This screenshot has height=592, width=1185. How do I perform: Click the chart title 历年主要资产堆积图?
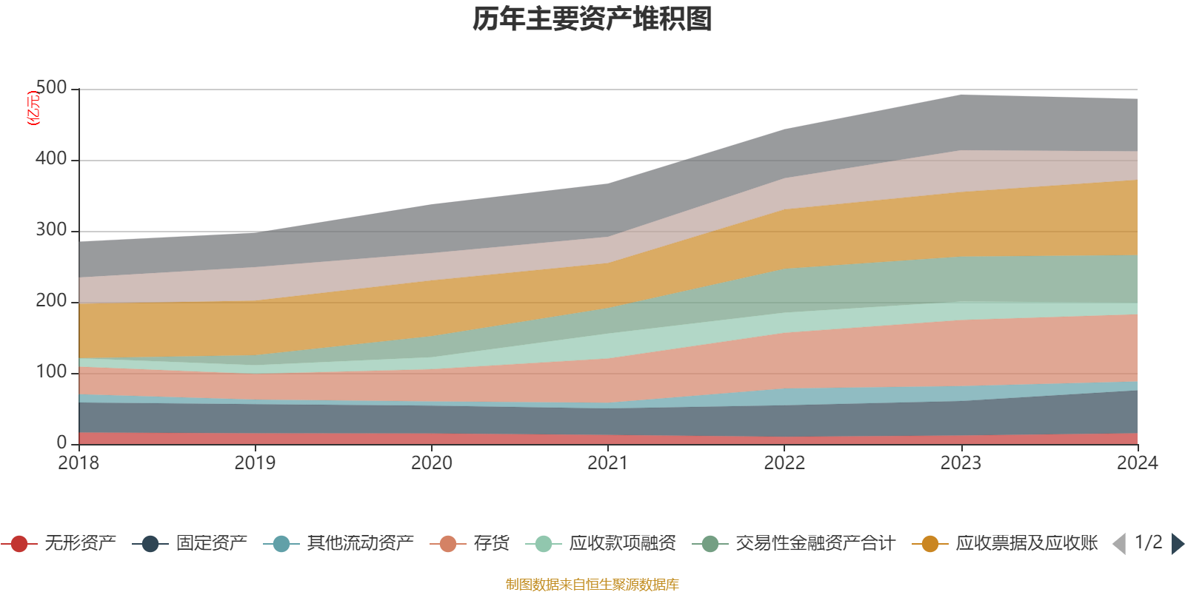point(592,19)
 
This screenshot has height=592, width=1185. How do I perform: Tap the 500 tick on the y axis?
point(51,88)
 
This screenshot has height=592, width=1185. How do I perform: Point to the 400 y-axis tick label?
point(51,159)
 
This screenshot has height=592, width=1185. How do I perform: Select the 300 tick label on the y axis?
point(51,230)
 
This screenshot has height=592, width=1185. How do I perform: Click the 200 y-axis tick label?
point(51,301)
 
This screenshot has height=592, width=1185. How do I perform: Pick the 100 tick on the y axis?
point(51,372)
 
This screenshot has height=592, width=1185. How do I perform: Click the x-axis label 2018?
point(79,463)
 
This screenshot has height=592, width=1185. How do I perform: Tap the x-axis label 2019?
point(256,463)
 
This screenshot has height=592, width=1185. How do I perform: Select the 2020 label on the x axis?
point(432,463)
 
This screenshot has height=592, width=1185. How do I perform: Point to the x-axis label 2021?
point(608,463)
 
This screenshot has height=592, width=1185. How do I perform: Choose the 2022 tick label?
point(784,463)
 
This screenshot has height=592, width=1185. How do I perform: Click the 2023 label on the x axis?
point(961,463)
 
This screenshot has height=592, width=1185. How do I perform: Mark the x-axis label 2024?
point(1137,463)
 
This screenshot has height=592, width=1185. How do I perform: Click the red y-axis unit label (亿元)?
point(33,108)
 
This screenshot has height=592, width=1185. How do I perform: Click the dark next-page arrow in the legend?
point(1177,544)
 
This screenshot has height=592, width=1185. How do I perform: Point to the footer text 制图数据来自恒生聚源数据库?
point(592,585)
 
